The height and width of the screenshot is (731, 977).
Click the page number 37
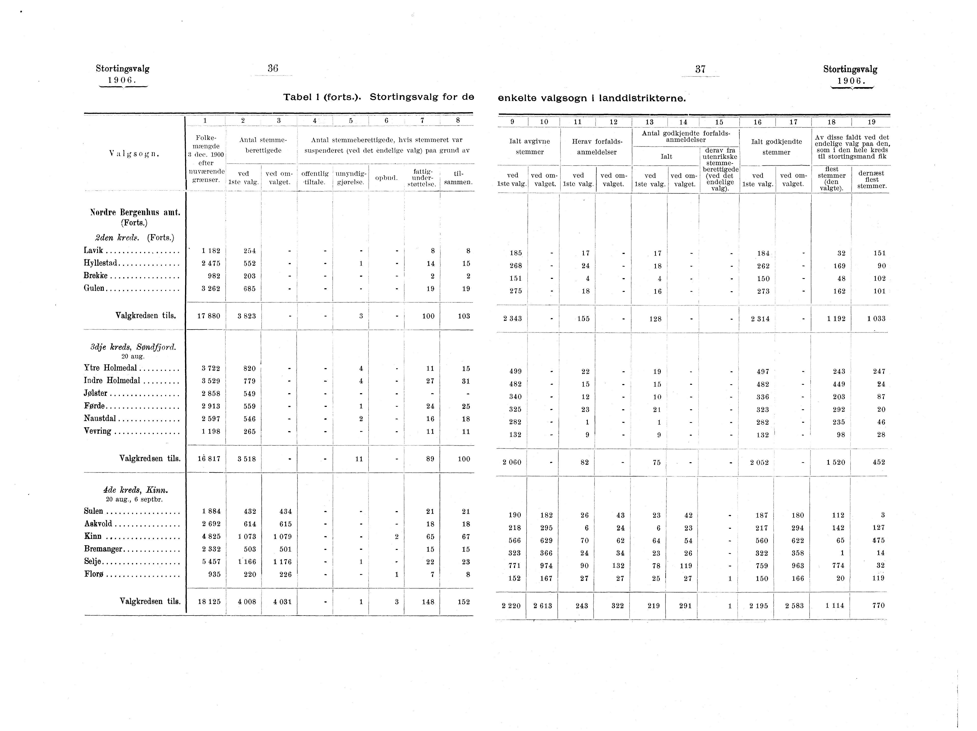coord(700,69)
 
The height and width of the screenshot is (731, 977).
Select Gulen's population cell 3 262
coord(210,288)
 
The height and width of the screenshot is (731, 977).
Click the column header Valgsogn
coord(134,154)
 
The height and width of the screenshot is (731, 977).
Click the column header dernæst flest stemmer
coord(871,179)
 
